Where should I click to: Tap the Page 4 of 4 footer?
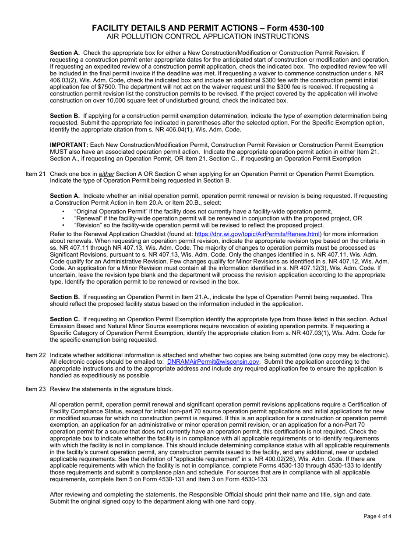coord(377,516)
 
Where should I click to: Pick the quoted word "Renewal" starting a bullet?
coord(88,218)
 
